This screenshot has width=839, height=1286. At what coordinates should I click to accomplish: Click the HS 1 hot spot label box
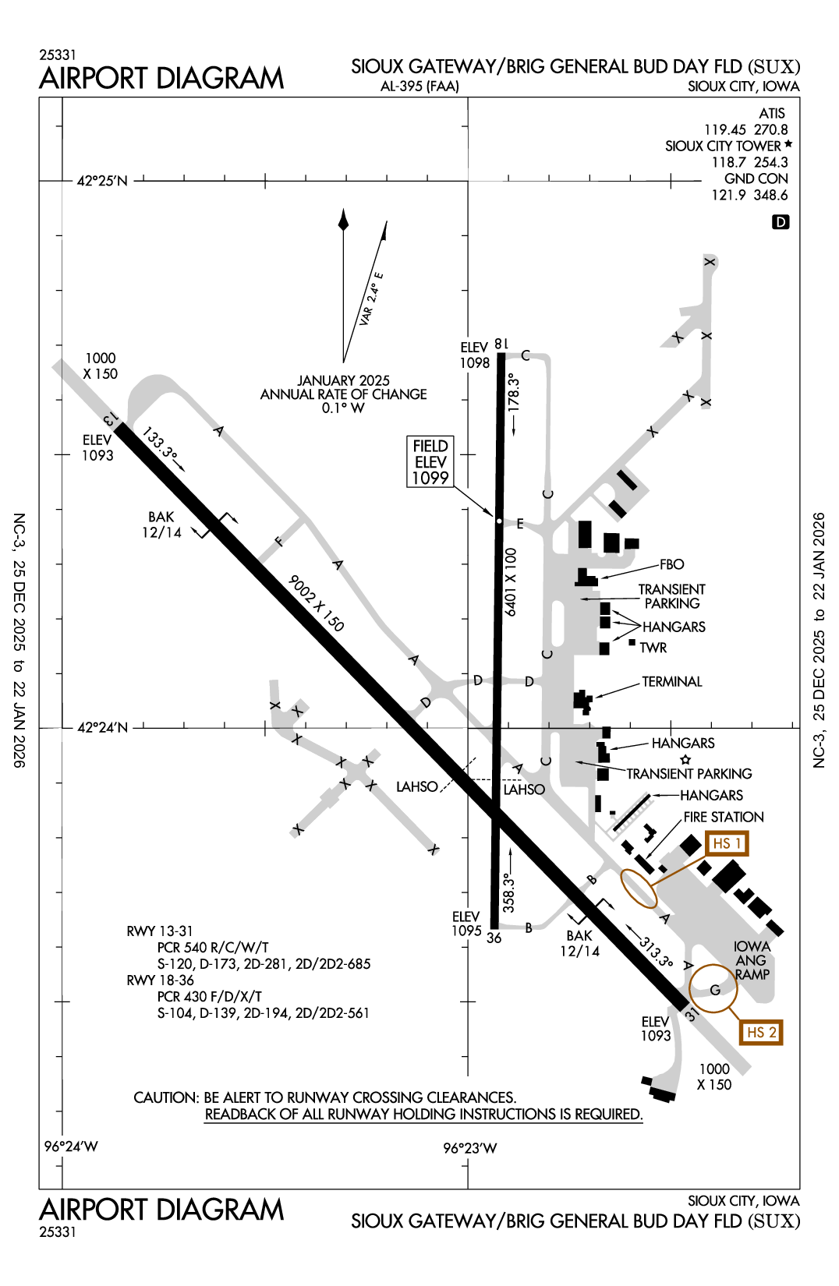pos(727,843)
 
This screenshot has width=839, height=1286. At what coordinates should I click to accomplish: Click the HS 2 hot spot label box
pos(761,1033)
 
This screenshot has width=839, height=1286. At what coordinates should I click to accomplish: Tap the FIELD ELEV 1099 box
pos(430,462)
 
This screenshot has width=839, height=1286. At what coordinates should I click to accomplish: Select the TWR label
pos(653,648)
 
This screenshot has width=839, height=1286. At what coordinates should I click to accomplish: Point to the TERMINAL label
pos(671,682)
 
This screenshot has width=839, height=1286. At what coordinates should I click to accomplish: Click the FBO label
pos(671,564)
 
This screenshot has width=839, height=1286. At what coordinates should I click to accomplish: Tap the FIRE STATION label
pos(723,817)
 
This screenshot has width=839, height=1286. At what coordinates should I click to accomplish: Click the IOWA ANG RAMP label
pos(752,960)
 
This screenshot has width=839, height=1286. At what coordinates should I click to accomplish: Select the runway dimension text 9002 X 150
pos(316,602)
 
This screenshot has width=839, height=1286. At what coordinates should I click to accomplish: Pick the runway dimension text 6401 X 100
pos(511,582)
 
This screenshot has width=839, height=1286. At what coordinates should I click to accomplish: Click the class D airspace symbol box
pos(780,222)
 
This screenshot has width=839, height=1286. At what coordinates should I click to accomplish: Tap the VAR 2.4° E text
pos(372,299)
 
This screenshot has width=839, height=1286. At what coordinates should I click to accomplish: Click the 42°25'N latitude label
pos(102,181)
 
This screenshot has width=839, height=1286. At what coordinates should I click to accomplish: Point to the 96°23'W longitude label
pos(469,1148)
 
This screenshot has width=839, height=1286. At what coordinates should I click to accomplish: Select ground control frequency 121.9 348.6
pos(749,195)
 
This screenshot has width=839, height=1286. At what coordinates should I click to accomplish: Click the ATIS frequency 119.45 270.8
pos(745,130)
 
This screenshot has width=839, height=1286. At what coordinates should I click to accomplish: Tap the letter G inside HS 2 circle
pos(714,990)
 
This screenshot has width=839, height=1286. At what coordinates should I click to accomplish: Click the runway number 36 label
pos(494,938)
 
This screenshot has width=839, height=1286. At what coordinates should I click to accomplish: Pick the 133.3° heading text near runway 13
pos(160,443)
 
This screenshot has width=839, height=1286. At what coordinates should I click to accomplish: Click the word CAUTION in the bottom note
pos(166,1097)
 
